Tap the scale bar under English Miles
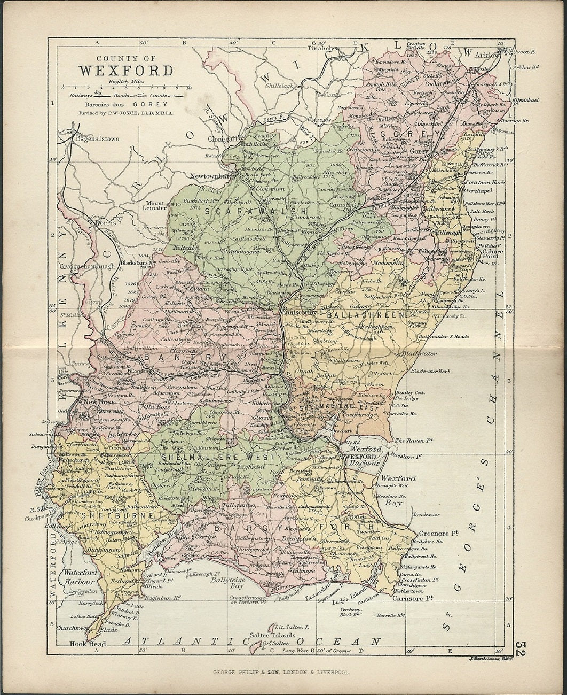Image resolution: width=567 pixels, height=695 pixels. click(127, 86)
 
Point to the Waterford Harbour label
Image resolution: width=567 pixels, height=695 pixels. click(80, 576)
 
